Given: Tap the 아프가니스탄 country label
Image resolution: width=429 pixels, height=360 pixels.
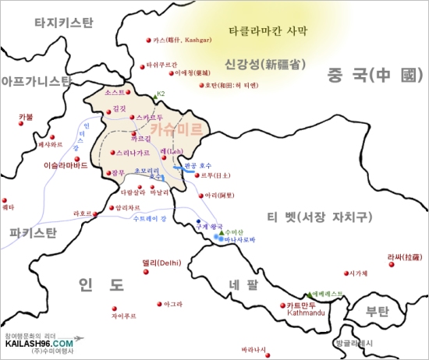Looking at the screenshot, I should tap(37, 80).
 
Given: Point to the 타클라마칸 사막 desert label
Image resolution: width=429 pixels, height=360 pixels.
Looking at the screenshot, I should tap(268, 32).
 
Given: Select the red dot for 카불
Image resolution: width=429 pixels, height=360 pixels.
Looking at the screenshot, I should tap(20, 125).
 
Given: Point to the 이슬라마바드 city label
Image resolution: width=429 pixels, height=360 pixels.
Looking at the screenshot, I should tap(69, 165).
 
